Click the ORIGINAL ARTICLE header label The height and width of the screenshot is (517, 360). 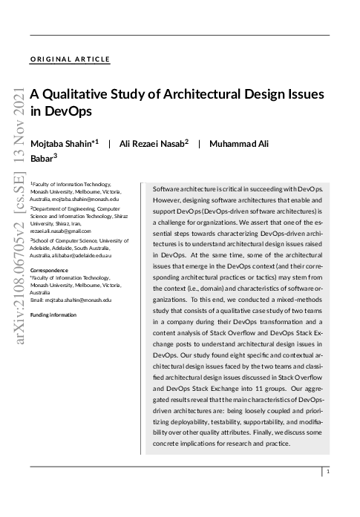[71, 59]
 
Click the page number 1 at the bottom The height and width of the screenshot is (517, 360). [328, 471]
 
